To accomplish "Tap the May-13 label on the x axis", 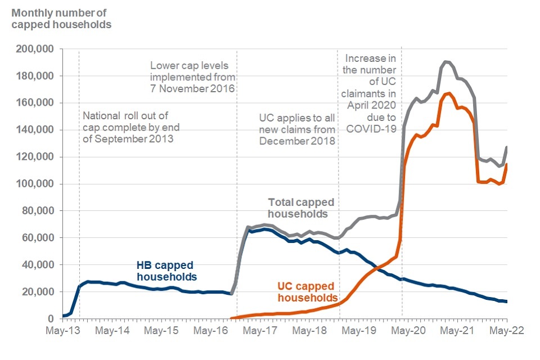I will (x=62, y=331).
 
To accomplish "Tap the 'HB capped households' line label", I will (x=167, y=271).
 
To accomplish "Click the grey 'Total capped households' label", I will (x=300, y=208).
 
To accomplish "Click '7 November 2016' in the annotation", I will (x=192, y=89).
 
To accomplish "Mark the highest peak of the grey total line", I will (x=445, y=61).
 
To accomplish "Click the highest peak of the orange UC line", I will (x=448, y=93).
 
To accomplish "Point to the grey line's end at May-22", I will (x=507, y=147).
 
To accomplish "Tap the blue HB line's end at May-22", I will (x=507, y=302).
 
